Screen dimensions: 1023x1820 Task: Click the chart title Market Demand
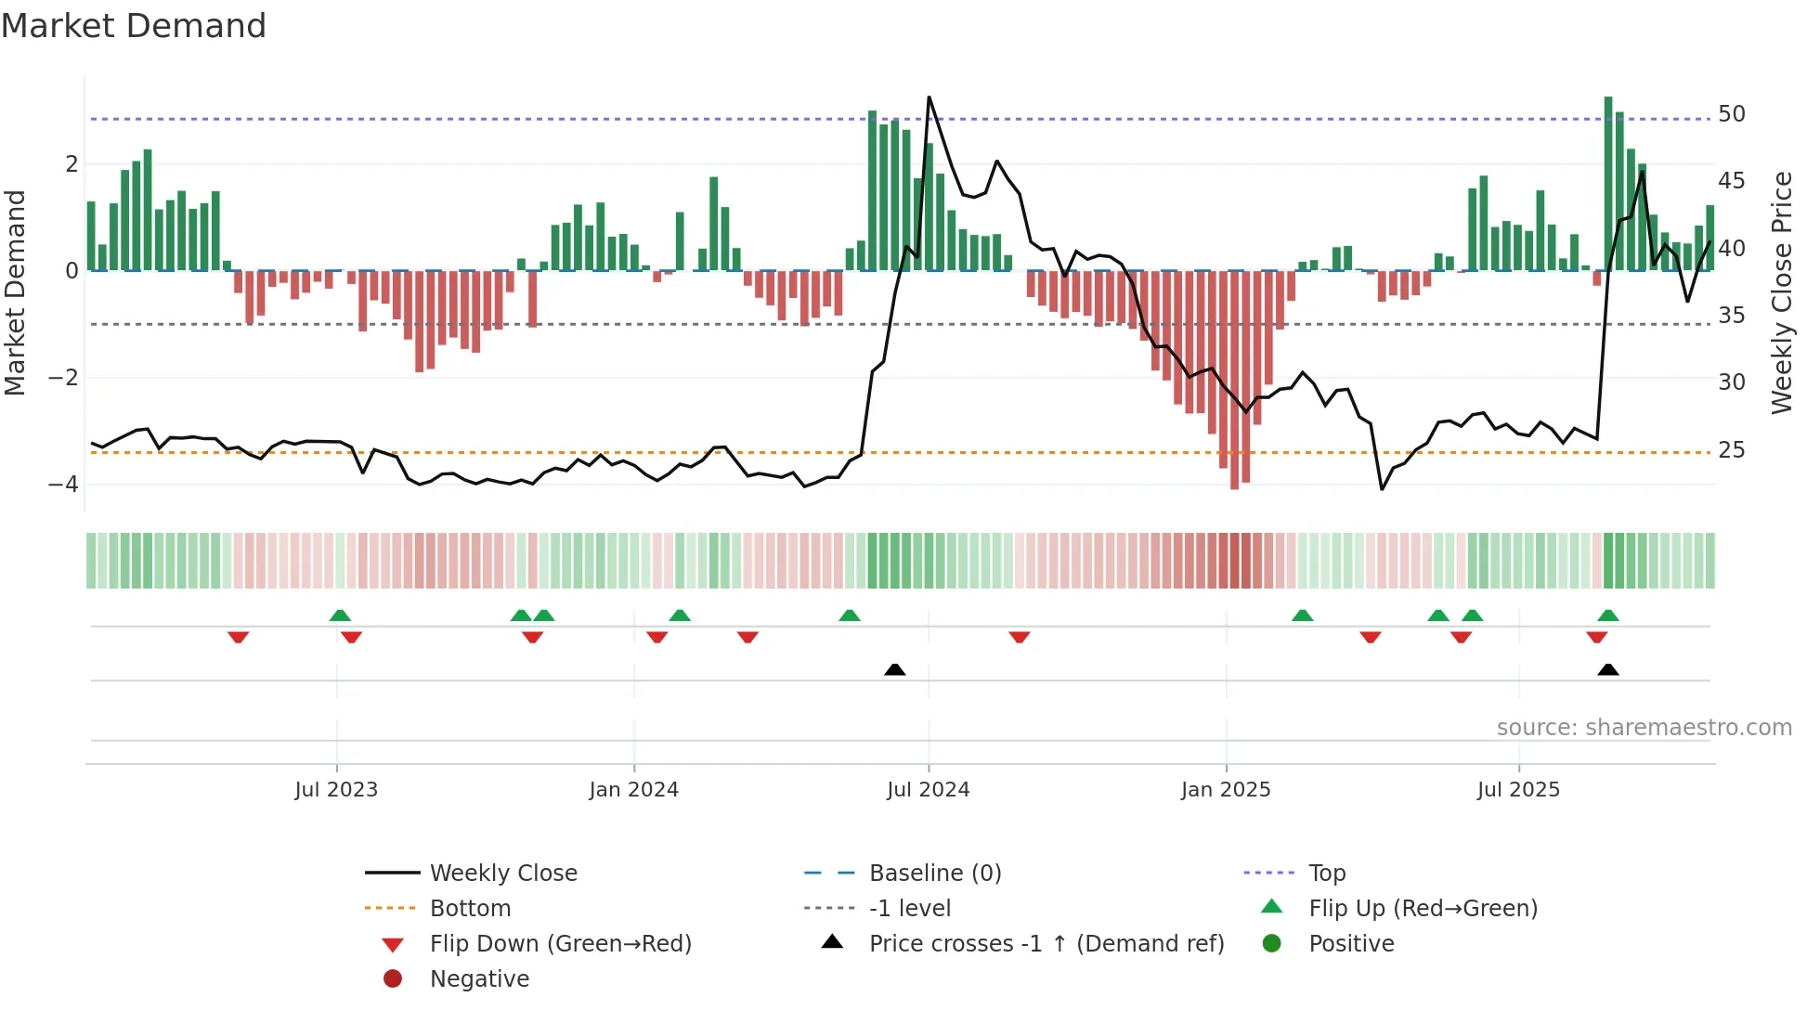coord(134,26)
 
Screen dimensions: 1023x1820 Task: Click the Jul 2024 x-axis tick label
coord(928,790)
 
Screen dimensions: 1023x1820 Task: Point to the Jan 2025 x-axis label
coord(1226,790)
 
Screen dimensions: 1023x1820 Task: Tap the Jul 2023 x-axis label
coord(336,790)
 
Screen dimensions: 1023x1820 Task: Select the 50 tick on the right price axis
coord(1731,114)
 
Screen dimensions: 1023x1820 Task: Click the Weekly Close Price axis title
coord(1781,292)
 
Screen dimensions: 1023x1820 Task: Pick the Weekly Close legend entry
coord(502,874)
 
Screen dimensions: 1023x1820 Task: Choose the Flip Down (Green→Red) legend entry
coord(560,944)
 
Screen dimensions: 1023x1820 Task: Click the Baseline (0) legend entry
coord(934,874)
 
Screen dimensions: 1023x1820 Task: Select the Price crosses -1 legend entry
coord(1046,944)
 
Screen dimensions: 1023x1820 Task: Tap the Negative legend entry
coord(479,979)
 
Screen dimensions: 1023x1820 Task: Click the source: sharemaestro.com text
coord(1644,728)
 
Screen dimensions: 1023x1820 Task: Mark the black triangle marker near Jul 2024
coord(895,670)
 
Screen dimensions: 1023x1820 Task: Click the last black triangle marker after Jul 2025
coord(1608,670)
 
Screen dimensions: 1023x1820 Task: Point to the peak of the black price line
coord(929,97)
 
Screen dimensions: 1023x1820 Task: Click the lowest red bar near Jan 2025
coord(1234,464)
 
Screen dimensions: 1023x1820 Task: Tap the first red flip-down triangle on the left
coord(238,637)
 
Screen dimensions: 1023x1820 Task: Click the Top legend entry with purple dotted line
coord(1326,874)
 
